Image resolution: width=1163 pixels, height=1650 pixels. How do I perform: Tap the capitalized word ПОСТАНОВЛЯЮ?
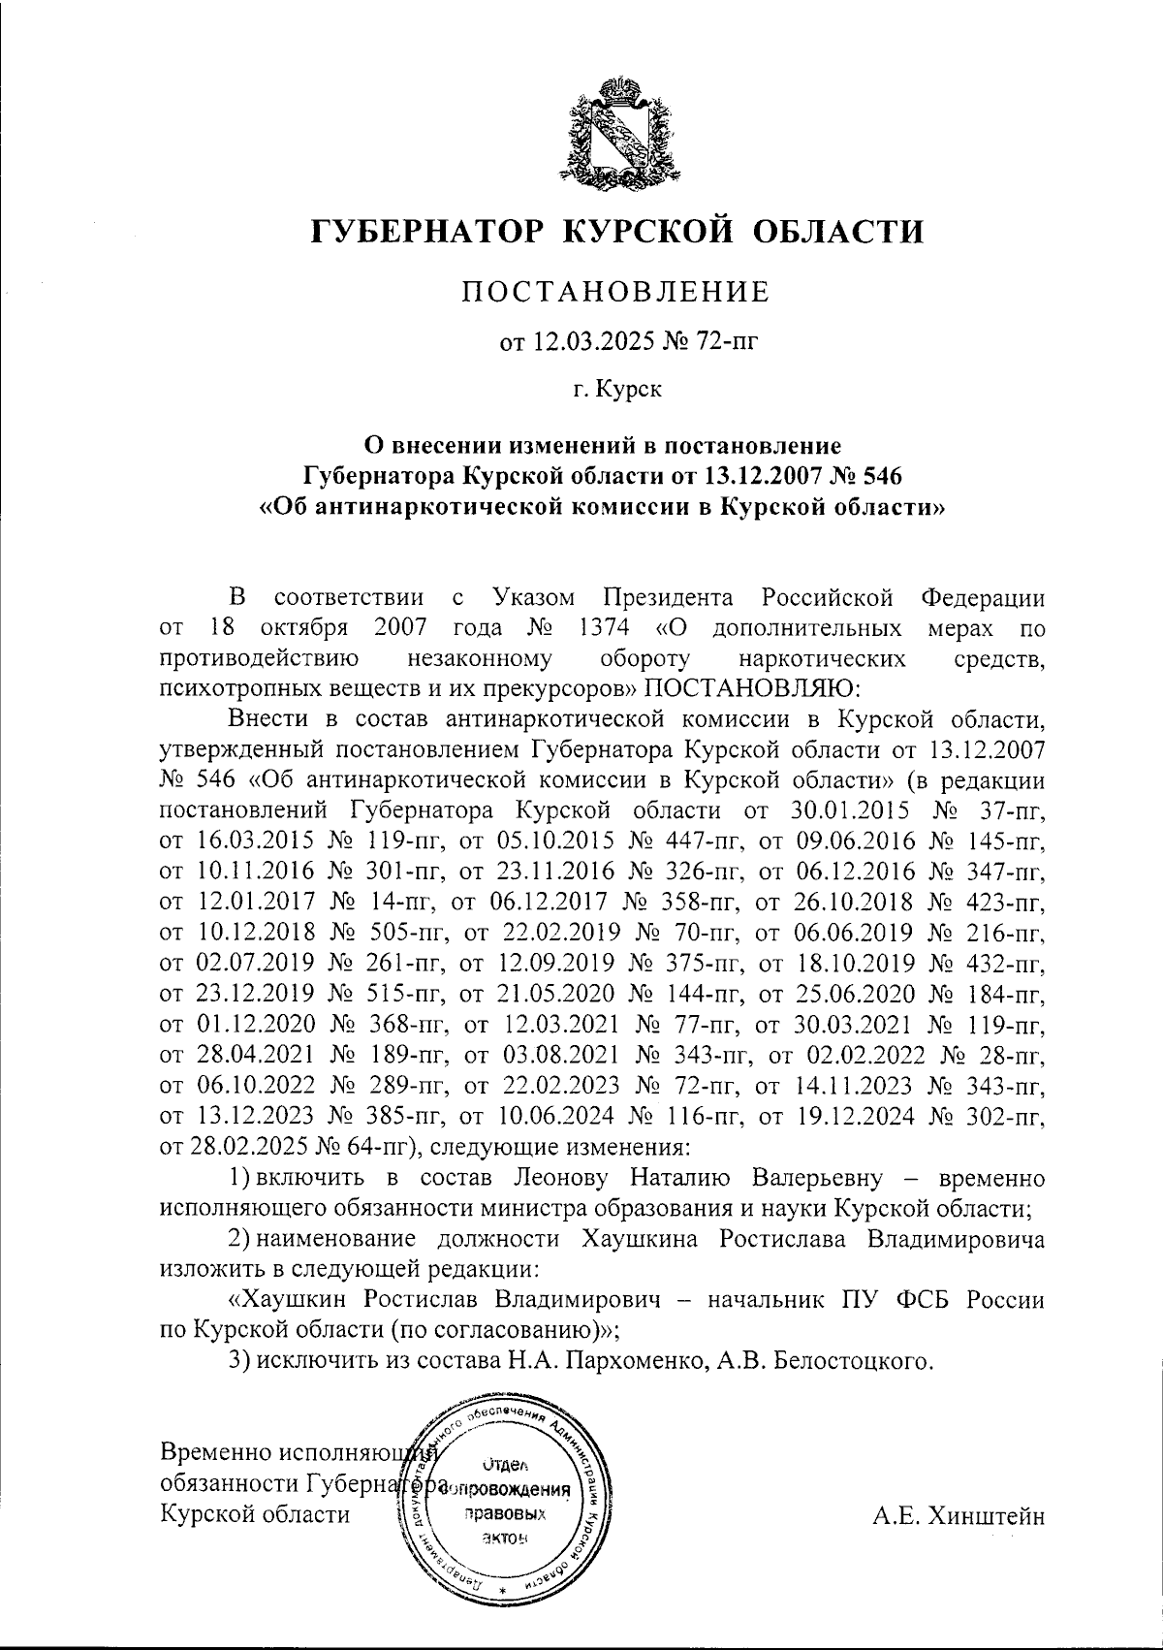(746, 688)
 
